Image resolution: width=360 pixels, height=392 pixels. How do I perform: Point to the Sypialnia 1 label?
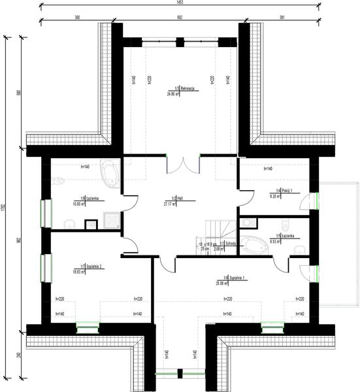pyautogui.click(x=237, y=278)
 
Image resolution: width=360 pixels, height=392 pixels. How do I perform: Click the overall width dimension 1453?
pyautogui.click(x=180, y=3)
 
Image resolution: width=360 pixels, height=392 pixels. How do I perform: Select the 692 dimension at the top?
pyautogui.click(x=179, y=18)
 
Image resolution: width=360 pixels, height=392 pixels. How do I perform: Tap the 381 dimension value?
pyautogui.click(x=282, y=18)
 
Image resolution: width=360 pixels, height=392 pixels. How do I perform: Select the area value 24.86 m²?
pyautogui.click(x=173, y=93)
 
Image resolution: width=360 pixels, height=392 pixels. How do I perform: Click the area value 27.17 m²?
pyautogui.click(x=171, y=203)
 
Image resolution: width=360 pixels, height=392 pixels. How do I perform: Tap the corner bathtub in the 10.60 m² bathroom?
pyautogui.click(x=108, y=174)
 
